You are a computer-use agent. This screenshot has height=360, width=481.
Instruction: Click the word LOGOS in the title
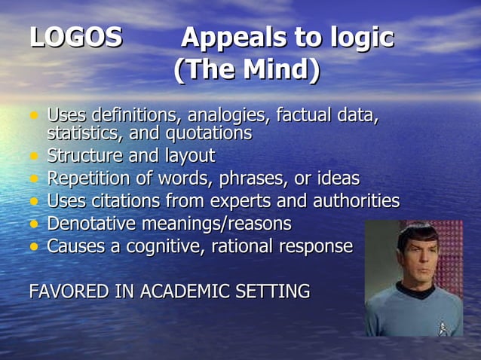75,38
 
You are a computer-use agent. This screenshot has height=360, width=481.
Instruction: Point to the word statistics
83,133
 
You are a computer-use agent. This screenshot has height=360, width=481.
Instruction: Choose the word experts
254,201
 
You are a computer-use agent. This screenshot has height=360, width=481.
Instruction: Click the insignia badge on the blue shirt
443,327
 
